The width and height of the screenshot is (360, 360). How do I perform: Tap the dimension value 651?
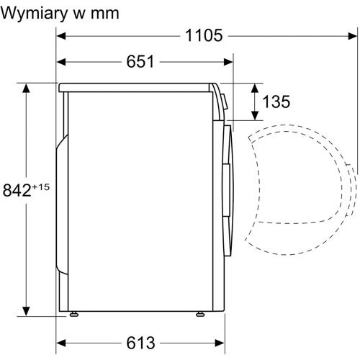141,61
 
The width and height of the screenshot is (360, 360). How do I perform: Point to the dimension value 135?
276,102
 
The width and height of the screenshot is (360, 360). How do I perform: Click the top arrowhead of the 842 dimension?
28,89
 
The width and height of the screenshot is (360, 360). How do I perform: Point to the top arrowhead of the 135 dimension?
255,88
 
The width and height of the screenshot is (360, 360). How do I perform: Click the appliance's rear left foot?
73,313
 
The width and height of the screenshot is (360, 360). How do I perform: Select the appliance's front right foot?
199,313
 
